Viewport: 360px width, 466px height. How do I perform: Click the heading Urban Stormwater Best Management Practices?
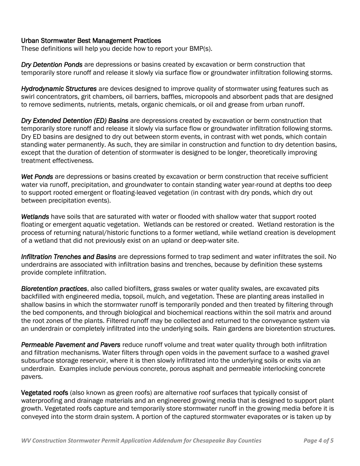point(91,41)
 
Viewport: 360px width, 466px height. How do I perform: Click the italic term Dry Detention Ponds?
point(52,65)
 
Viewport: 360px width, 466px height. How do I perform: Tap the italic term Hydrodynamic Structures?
point(59,89)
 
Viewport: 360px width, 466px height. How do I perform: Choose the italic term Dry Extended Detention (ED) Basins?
point(75,120)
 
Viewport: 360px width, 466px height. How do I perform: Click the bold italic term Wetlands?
point(35,217)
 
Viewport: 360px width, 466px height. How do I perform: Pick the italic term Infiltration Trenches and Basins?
point(69,257)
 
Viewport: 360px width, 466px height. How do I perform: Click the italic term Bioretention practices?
point(54,289)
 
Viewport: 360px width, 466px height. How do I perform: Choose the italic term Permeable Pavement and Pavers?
point(71,345)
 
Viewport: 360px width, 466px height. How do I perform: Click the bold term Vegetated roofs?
point(44,393)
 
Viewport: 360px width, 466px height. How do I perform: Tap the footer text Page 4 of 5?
point(318,440)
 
